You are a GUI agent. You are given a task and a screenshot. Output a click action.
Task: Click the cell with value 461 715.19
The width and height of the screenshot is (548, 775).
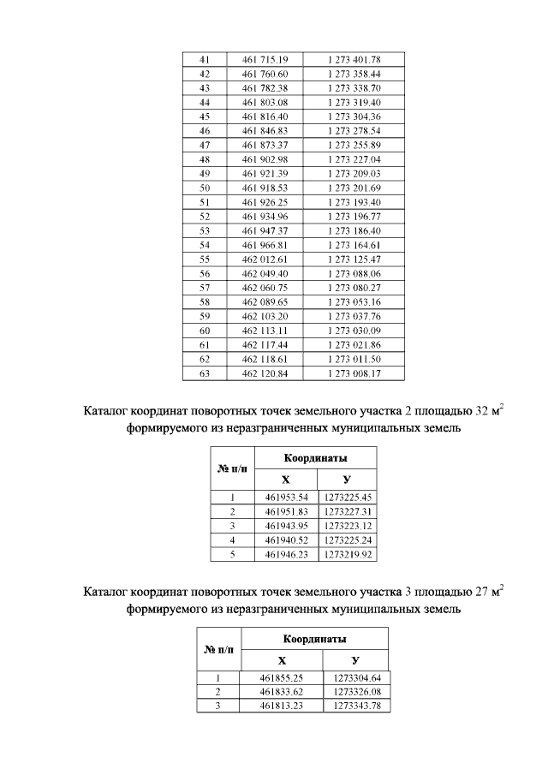tap(265, 59)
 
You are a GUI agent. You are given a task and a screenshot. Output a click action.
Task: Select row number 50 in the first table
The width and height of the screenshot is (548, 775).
tap(204, 188)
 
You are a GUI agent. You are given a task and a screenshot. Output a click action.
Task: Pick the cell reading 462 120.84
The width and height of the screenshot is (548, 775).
tap(265, 373)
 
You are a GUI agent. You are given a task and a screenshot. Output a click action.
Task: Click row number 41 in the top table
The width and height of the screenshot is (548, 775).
tap(204, 59)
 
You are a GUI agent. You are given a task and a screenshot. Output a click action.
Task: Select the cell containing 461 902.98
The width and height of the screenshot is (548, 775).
tap(265, 159)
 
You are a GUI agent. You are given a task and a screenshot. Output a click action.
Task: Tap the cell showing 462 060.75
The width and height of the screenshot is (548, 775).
tap(265, 288)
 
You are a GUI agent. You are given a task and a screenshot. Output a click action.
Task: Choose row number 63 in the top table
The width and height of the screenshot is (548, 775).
tap(204, 373)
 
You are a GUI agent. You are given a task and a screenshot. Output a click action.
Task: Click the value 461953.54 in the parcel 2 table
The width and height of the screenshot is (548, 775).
tap(286, 497)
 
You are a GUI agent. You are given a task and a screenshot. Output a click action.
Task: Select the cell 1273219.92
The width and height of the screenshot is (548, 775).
tap(347, 554)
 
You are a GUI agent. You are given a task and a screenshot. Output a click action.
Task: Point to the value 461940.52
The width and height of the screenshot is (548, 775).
tap(286, 540)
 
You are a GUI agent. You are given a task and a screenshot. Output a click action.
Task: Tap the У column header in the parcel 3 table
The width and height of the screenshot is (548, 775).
tap(355, 660)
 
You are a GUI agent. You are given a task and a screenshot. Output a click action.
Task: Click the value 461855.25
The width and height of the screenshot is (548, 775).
tap(282, 677)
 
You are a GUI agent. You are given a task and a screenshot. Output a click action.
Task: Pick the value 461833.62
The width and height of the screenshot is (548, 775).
tap(282, 691)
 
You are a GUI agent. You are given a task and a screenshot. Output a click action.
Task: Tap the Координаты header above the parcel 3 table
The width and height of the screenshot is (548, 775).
tap(315, 639)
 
